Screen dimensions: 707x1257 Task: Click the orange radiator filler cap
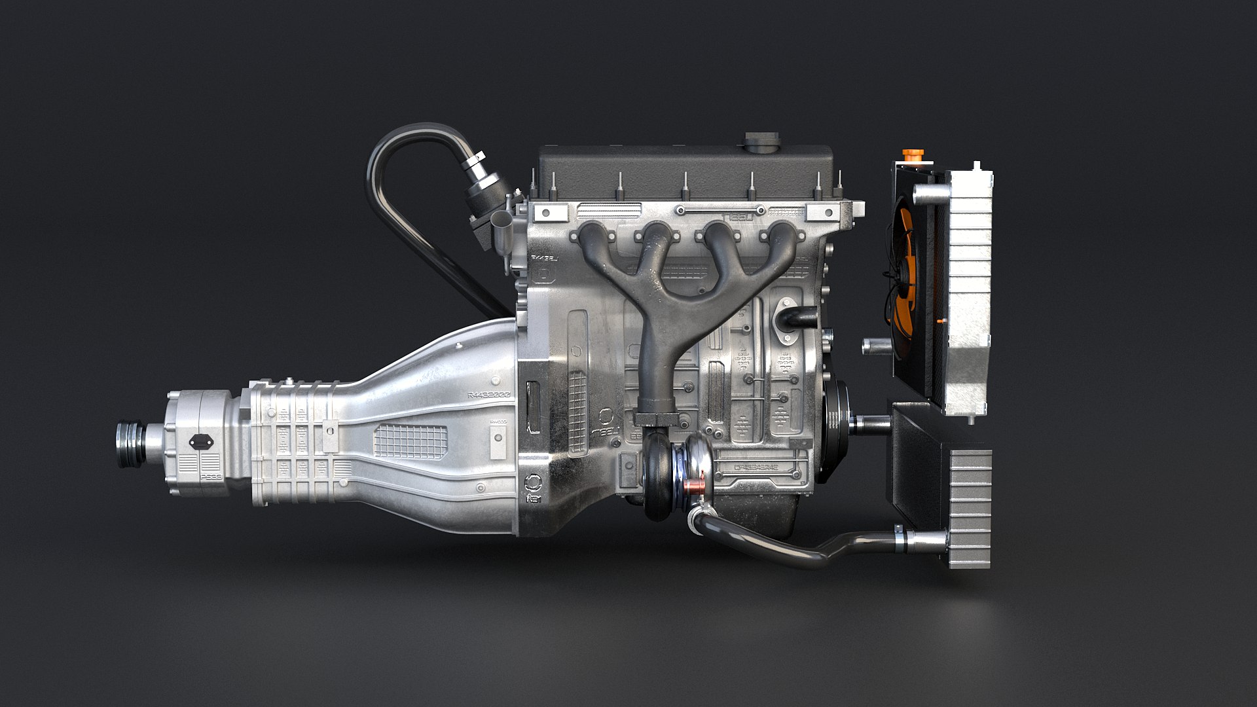pyautogui.click(x=911, y=156)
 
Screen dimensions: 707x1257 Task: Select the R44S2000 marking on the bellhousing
pyautogui.click(x=488, y=395)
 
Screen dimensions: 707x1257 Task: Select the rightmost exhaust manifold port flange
pyautogui.click(x=780, y=234)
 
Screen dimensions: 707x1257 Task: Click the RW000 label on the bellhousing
pyautogui.click(x=498, y=422)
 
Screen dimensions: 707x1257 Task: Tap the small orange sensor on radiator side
pyautogui.click(x=941, y=321)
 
